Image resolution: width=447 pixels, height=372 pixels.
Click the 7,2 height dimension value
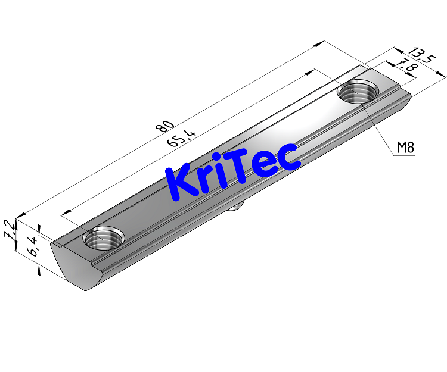coord(9,229)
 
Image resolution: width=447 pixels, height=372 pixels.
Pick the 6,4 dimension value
coord(33,246)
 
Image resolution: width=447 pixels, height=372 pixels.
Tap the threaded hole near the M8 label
coord(358,92)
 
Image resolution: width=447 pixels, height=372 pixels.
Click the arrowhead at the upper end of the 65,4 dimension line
coord(310,72)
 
